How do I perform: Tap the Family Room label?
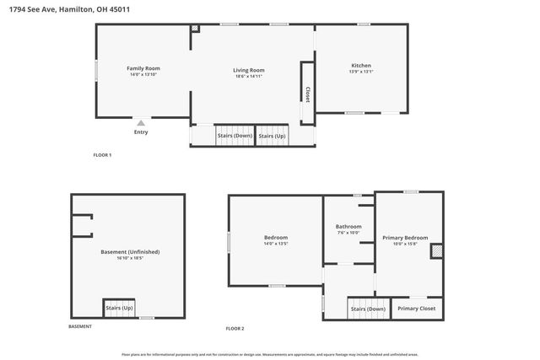[143, 68]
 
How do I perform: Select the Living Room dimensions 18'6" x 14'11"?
[249, 76]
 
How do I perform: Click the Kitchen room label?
[361, 66]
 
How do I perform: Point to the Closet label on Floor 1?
[308, 94]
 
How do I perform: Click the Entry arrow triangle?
[141, 122]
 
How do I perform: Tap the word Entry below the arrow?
[141, 132]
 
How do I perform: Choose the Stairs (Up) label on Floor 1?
[272, 136]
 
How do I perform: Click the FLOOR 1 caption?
[102, 155]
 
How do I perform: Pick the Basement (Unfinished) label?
[130, 252]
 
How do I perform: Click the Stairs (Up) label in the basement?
[119, 309]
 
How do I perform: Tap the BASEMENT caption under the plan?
[80, 326]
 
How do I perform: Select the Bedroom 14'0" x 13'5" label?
[276, 238]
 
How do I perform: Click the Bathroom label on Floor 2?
[348, 226]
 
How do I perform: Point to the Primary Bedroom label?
[405, 238]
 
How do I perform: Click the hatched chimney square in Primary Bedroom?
[436, 250]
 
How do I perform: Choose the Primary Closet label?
[416, 309]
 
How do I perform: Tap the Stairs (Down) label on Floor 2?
[367, 309]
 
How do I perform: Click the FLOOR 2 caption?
[235, 328]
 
